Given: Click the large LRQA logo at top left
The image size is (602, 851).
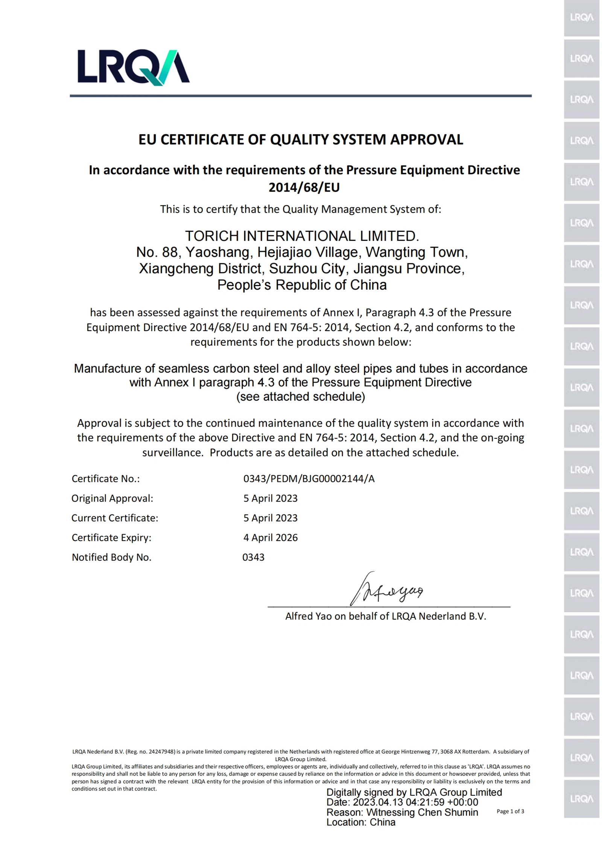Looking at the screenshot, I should tap(133, 67).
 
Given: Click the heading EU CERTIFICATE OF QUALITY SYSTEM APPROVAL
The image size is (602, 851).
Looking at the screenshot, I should tap(301, 140).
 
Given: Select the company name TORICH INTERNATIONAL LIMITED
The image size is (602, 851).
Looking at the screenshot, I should tap(302, 236).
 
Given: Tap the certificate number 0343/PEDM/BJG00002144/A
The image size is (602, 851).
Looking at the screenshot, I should tap(309, 479).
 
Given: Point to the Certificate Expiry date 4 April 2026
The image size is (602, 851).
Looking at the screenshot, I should tap(270, 538).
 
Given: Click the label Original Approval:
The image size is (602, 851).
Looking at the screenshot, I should tap(112, 498).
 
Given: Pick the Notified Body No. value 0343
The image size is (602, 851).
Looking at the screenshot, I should tap(253, 557).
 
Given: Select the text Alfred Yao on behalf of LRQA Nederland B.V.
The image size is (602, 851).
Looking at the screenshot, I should tap(385, 616).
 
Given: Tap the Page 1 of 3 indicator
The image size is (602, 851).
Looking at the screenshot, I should tap(510, 811).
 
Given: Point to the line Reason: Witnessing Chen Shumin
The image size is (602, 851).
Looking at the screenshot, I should tap(402, 812).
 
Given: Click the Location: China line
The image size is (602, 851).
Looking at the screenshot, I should tap(360, 822).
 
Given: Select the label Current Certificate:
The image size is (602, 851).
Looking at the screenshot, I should tap(115, 518).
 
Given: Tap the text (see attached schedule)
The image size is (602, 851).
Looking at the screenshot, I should tap(301, 397).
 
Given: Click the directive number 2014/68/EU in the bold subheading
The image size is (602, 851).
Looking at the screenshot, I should tap(304, 187).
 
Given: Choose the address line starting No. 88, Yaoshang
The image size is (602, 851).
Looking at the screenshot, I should tap(302, 252).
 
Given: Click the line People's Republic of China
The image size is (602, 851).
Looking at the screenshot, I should tap(302, 285).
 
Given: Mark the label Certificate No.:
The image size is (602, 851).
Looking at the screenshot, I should tap(106, 479).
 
